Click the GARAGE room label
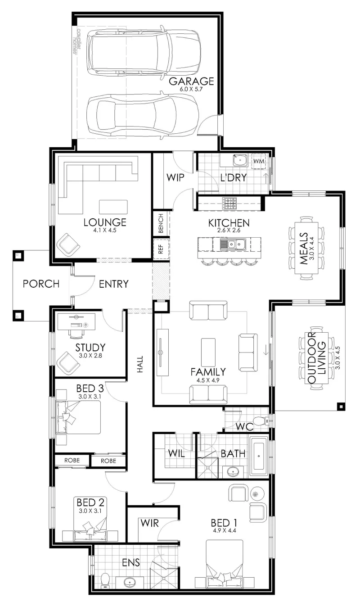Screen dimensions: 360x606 point(191,81)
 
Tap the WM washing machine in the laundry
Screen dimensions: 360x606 point(259,161)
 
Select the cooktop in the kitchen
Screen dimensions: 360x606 point(229,203)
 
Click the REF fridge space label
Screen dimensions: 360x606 point(161,249)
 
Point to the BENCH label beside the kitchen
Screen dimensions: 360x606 point(161,223)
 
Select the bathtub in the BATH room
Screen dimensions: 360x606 point(259,456)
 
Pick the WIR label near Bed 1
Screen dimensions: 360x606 point(149,523)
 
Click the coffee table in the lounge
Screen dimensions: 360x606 point(113,207)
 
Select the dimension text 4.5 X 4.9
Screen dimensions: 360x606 point(208,380)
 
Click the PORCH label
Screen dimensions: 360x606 point(41,284)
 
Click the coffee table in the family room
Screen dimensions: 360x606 point(208,352)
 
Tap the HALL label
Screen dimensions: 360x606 point(140,364)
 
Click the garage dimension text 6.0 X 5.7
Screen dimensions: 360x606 point(191,89)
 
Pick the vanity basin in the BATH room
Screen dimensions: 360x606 point(232,472)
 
